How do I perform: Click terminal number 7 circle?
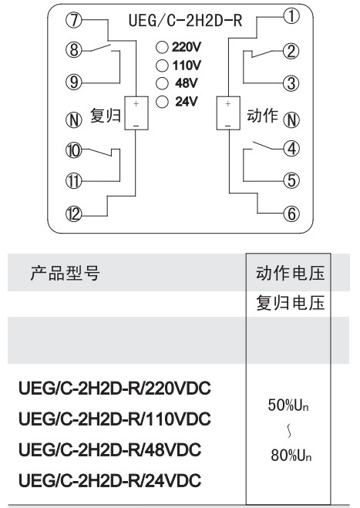point(74,20)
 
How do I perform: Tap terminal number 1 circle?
point(291,16)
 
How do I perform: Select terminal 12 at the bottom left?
point(74,214)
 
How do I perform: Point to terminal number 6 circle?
point(291,214)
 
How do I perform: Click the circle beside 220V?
point(162,47)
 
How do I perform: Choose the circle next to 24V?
point(162,102)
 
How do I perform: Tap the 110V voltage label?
point(187,66)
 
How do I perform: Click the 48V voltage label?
point(187,83)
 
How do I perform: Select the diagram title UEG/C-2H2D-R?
point(185,20)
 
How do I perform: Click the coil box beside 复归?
point(136,113)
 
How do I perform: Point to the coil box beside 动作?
point(228,113)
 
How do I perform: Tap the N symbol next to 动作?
point(291,120)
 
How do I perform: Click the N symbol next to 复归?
point(74,120)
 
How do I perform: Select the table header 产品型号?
point(65,273)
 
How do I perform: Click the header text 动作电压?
point(290,273)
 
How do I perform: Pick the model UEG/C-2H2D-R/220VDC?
point(115,388)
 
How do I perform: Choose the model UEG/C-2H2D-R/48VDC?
point(109,449)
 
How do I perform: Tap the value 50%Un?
point(288,405)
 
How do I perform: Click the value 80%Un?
point(291,455)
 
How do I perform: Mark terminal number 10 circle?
point(74,150)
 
